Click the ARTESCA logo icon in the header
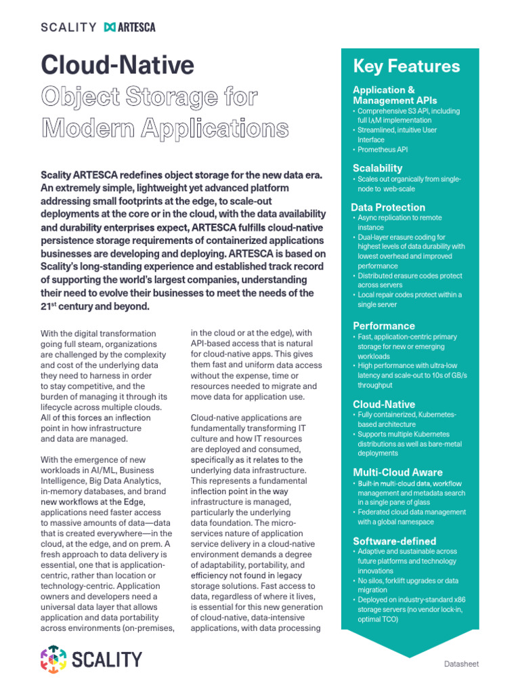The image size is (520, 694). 110,27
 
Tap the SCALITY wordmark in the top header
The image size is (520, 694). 68,27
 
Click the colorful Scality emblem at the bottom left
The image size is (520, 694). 53,659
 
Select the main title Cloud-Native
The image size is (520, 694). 118,65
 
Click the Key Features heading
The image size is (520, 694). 406,66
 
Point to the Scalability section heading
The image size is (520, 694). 377,168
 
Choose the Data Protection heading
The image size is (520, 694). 388,207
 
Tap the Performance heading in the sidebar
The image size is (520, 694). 384,326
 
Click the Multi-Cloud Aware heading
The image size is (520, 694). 397,472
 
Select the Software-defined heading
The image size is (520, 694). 394,541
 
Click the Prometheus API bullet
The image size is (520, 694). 383,149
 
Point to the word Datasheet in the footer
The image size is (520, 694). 461,664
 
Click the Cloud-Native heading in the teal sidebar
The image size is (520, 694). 384,404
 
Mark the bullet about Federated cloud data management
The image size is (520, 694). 411,517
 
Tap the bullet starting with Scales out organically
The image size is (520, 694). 409,184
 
